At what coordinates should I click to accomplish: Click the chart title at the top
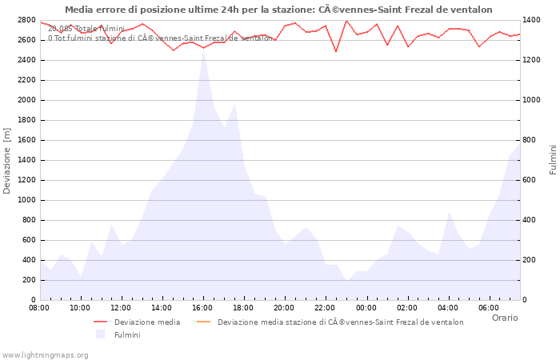coord(278,10)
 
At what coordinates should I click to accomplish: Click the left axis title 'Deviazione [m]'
coord(7,160)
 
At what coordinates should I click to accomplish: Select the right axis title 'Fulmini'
coord(553,160)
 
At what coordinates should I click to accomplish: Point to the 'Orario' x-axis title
coord(504,318)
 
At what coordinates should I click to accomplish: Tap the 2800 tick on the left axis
coord(26,20)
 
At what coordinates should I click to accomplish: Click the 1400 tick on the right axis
coord(534,20)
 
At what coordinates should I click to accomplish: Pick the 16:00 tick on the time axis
coord(202,307)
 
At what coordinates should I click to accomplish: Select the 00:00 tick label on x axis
coord(366,307)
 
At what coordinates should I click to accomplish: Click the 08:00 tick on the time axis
coord(39,307)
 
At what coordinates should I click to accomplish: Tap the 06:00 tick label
coord(488,307)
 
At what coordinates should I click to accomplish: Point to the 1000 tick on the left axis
coord(26,200)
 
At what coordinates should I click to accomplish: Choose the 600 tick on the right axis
coord(531,180)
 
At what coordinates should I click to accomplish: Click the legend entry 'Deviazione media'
coord(146,322)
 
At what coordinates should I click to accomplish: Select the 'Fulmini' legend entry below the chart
coord(126,335)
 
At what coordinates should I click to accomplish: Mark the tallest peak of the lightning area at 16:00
coord(203,50)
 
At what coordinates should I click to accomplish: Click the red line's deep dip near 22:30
coord(336,52)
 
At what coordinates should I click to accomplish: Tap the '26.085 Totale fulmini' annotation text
coord(86,28)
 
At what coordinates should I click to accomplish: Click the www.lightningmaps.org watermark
coord(44,354)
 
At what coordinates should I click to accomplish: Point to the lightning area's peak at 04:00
coord(449,212)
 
